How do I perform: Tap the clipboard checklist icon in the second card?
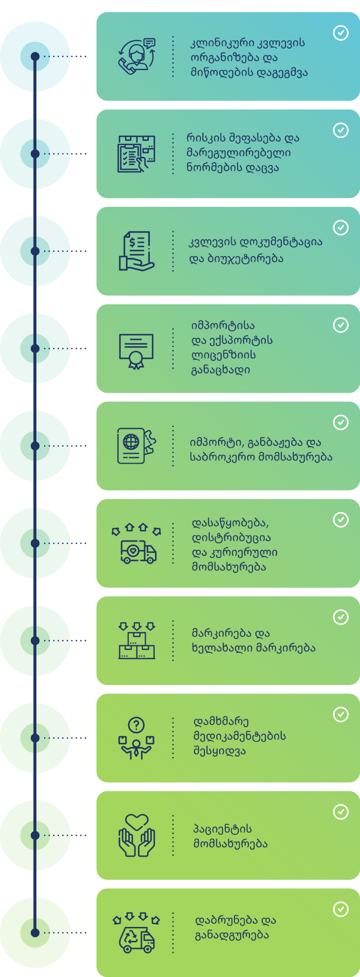pyautogui.click(x=136, y=154)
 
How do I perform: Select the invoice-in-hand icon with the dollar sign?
pyautogui.click(x=136, y=251)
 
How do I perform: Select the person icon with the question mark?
pyautogui.click(x=136, y=738)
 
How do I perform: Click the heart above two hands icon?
pyautogui.click(x=136, y=836)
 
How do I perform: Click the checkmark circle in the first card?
pyautogui.click(x=341, y=33)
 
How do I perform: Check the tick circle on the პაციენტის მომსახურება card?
pyautogui.click(x=341, y=812)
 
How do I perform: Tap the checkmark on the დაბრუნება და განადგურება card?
pyautogui.click(x=341, y=909)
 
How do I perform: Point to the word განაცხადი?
pyautogui.click(x=220, y=370)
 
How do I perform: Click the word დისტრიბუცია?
pyautogui.click(x=231, y=538)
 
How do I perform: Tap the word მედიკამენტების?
pyautogui.click(x=240, y=736)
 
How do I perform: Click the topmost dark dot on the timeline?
pyautogui.click(x=35, y=57)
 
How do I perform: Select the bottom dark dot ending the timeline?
pyautogui.click(x=35, y=933)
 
